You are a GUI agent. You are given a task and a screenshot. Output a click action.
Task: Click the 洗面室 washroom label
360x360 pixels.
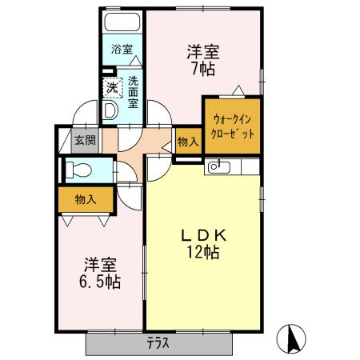click(x=133, y=91)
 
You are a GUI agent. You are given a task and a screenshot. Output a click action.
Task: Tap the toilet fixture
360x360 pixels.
click(x=78, y=170)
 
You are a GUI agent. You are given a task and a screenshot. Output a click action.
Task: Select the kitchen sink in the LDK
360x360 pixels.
click(x=219, y=167)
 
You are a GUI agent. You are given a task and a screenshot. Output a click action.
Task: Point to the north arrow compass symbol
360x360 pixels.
click(x=292, y=339)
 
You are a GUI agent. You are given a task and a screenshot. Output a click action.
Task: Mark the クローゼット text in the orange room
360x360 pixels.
click(x=231, y=134)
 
